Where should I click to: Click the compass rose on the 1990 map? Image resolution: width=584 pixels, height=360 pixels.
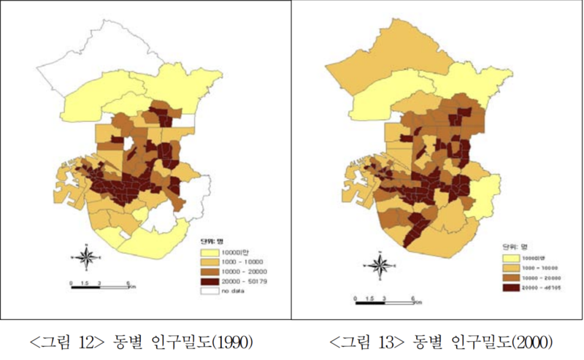tap(87, 258)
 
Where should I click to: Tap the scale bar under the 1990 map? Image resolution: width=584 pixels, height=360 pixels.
tap(99, 286)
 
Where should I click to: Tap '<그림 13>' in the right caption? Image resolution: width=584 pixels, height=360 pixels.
tap(363, 341)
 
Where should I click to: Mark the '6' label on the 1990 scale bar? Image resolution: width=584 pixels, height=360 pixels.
tap(128, 281)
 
